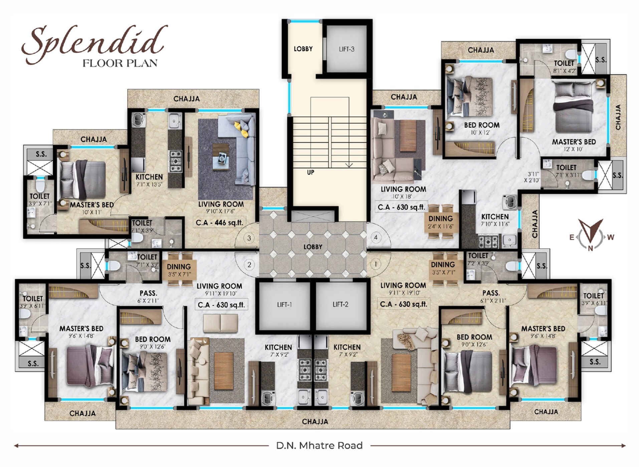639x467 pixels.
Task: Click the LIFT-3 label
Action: pyautogui.click(x=347, y=49)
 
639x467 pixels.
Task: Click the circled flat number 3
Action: pyautogui.click(x=249, y=238)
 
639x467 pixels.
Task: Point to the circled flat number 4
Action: pyautogui.click(x=376, y=238)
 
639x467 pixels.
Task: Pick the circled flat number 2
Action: pyautogui.click(x=249, y=265)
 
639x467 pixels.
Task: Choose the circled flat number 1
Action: pyautogui.click(x=376, y=265)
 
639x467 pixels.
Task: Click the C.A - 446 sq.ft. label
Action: pyautogui.click(x=219, y=222)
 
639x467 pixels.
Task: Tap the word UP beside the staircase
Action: pyautogui.click(x=310, y=172)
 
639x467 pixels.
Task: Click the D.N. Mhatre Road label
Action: pyautogui.click(x=319, y=446)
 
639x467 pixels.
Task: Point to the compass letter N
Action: pyautogui.click(x=590, y=248)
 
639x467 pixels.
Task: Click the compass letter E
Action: pyautogui.click(x=572, y=238)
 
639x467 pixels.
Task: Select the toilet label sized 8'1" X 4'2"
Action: pyautogui.click(x=564, y=66)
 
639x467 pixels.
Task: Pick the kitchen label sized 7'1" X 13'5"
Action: pyautogui.click(x=149, y=180)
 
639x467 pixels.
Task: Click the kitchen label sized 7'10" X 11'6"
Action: pyautogui.click(x=495, y=220)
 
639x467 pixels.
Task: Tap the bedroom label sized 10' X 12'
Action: pyautogui.click(x=482, y=128)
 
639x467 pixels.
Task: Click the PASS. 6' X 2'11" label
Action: pyautogui.click(x=149, y=297)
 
